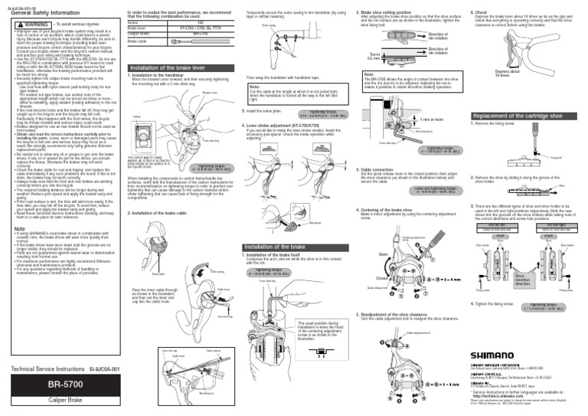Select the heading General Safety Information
pyautogui.click(x=37, y=13)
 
